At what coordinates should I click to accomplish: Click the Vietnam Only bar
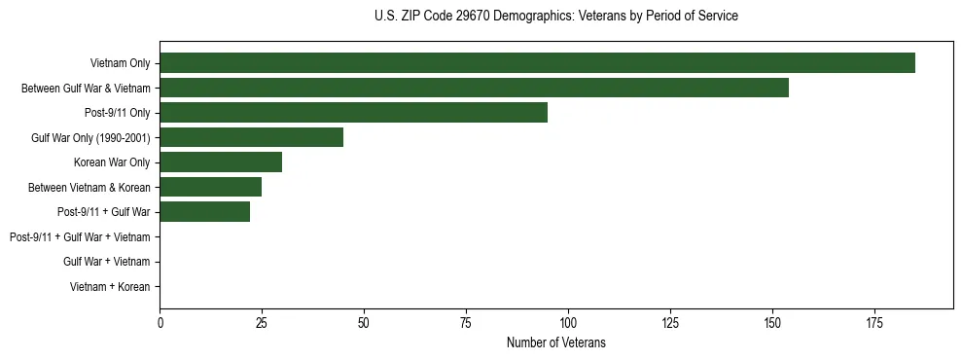click(x=537, y=63)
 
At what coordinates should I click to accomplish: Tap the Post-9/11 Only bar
click(x=353, y=113)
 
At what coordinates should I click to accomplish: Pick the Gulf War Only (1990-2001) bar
click(x=251, y=137)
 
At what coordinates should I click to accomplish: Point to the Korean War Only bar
click(x=221, y=162)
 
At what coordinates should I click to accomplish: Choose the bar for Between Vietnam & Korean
click(x=210, y=187)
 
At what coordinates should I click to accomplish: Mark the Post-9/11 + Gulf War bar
click(x=204, y=212)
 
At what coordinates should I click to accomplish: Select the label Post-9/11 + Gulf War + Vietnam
click(x=80, y=237)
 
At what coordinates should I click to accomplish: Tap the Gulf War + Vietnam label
click(x=106, y=262)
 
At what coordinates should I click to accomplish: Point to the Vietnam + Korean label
click(x=110, y=287)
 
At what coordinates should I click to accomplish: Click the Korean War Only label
click(x=112, y=162)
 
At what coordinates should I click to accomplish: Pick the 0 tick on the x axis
click(x=160, y=321)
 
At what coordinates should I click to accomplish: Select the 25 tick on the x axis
click(x=262, y=321)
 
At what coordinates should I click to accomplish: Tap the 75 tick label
click(x=466, y=321)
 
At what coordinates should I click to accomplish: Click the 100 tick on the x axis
click(x=568, y=321)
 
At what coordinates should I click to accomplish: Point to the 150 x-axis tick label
click(x=771, y=321)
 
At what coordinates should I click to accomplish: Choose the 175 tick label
click(x=873, y=321)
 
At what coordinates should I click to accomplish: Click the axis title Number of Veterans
click(x=555, y=342)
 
